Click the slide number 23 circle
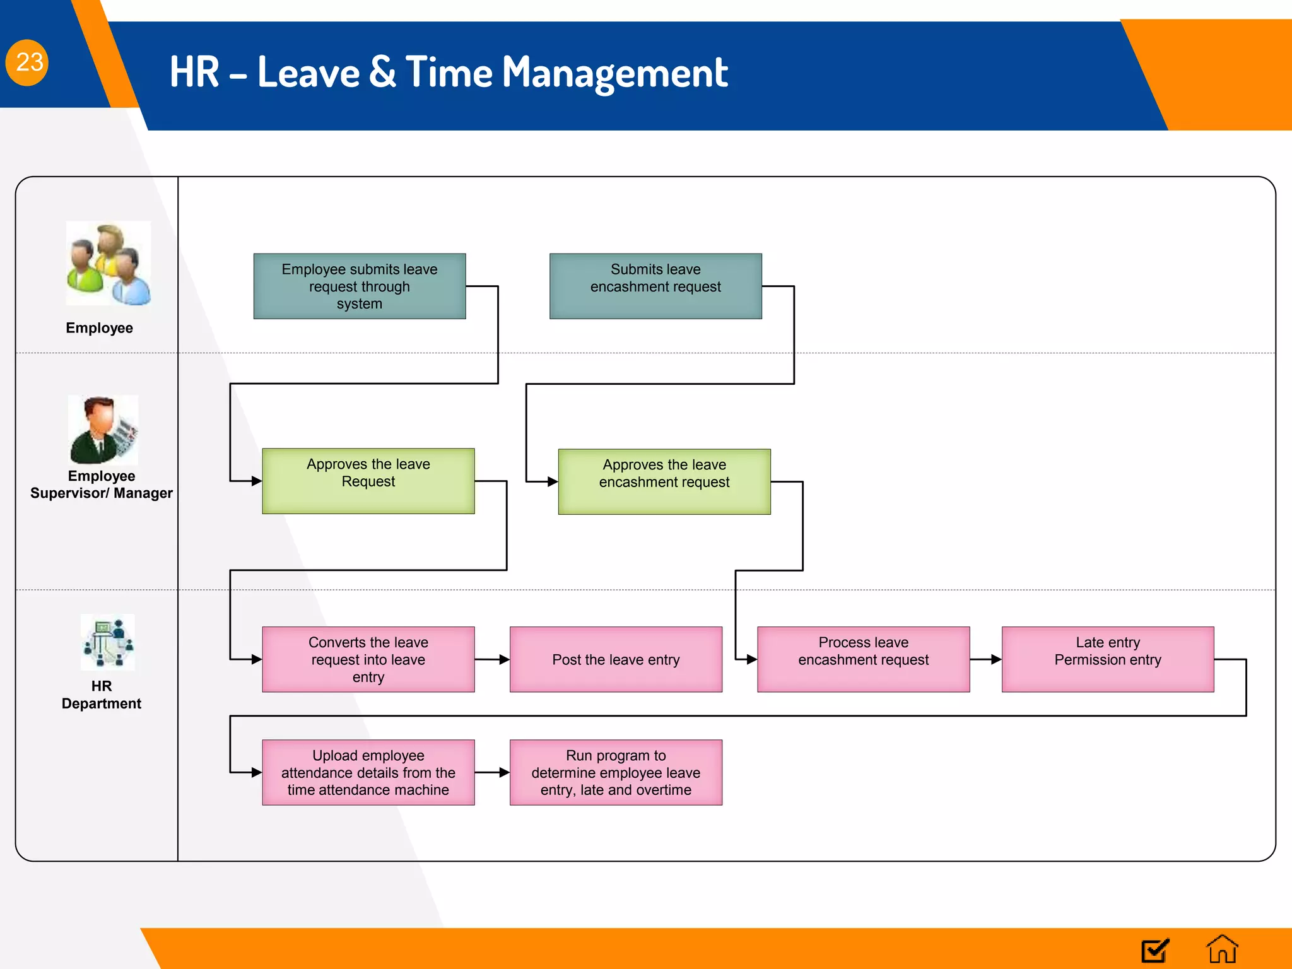(27, 62)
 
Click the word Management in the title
(614, 73)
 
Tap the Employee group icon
(109, 264)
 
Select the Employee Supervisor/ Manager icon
(103, 430)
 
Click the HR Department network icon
(108, 642)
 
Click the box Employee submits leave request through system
(359, 286)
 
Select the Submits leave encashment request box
(655, 286)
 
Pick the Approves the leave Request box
(368, 481)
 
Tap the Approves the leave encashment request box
(664, 482)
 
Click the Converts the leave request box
(368, 659)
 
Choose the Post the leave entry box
(615, 659)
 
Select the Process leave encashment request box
(863, 659)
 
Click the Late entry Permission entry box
(1107, 659)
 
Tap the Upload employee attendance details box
(368, 772)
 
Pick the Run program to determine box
(615, 772)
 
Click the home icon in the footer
(1221, 949)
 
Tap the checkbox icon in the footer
(1155, 950)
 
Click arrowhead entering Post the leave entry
(505, 660)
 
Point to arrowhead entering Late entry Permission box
(997, 660)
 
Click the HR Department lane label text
(101, 695)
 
